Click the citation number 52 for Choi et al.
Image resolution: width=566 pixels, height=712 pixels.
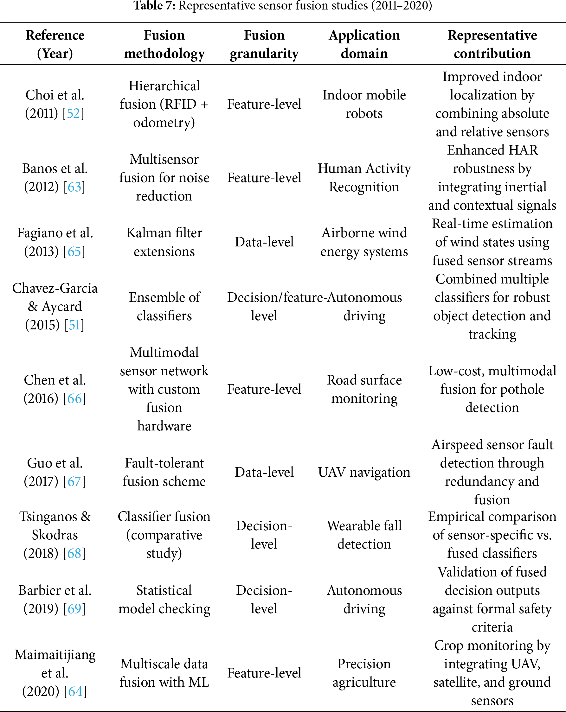(73, 114)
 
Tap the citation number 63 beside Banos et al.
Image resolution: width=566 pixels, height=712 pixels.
(74, 187)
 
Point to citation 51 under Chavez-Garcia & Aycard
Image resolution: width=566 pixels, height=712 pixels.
(74, 325)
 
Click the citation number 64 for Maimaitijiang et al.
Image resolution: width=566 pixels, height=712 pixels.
(75, 691)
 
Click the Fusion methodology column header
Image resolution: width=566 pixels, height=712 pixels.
(164, 44)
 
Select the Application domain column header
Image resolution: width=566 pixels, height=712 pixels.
(364, 44)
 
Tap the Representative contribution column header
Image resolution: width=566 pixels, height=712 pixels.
(492, 44)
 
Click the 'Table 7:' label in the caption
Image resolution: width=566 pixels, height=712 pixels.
(154, 6)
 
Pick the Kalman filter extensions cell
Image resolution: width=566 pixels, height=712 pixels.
(164, 242)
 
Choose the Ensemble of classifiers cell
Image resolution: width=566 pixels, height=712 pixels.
(164, 307)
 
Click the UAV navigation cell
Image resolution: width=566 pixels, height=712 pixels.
(364, 472)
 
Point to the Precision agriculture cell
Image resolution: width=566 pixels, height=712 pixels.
(364, 673)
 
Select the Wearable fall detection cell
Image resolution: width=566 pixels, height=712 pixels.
(364, 535)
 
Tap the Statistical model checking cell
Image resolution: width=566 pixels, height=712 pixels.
(164, 599)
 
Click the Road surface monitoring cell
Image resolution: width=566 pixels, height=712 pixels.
(364, 389)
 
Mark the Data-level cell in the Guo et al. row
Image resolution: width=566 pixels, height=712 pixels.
(264, 472)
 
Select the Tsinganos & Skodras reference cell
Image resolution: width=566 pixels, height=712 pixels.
(55, 535)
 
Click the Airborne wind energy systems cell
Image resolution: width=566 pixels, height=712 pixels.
(364, 242)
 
